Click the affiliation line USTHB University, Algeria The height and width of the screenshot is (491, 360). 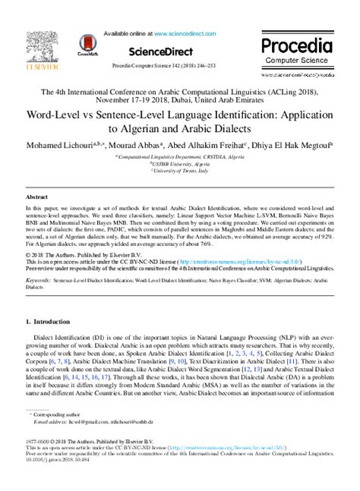click(180, 162)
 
